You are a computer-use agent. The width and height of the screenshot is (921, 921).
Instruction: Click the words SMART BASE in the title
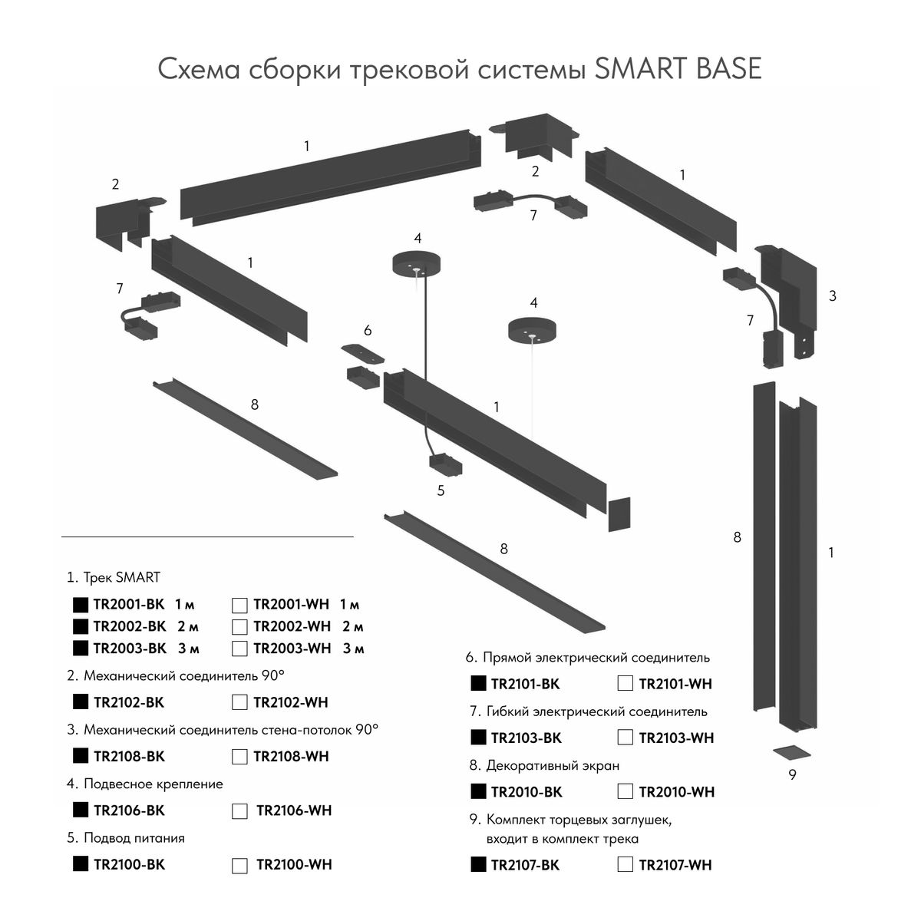pyautogui.click(x=678, y=69)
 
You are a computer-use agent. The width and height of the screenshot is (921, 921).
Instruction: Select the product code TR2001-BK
pyautogui.click(x=129, y=605)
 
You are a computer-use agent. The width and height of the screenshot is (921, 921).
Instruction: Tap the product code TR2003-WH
pyautogui.click(x=292, y=649)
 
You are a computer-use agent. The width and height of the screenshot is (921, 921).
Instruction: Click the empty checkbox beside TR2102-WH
pyautogui.click(x=239, y=702)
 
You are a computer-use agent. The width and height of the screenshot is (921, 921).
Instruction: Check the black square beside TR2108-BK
pyautogui.click(x=79, y=755)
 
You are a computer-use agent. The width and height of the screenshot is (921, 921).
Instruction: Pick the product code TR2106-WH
pyautogui.click(x=294, y=810)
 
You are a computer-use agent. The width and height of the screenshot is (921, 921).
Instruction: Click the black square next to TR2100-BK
pyautogui.click(x=79, y=863)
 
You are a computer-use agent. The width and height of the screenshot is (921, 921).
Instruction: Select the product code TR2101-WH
pyautogui.click(x=675, y=684)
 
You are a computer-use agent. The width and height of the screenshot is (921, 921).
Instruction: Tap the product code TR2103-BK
pyautogui.click(x=526, y=738)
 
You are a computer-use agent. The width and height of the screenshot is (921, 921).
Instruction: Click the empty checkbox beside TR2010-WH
pyautogui.click(x=626, y=791)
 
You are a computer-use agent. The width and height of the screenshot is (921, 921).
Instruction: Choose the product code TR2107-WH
pyautogui.click(x=675, y=865)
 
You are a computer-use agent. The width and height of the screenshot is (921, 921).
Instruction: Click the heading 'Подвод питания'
pyautogui.click(x=134, y=838)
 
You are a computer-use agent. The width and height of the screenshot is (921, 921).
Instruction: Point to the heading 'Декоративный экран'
pyautogui.click(x=553, y=765)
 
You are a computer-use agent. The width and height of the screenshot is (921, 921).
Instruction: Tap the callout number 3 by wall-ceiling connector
pyautogui.click(x=832, y=295)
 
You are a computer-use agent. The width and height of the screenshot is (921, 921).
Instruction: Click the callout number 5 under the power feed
pyautogui.click(x=441, y=491)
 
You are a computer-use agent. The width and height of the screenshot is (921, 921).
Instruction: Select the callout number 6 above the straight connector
pyautogui.click(x=368, y=330)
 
